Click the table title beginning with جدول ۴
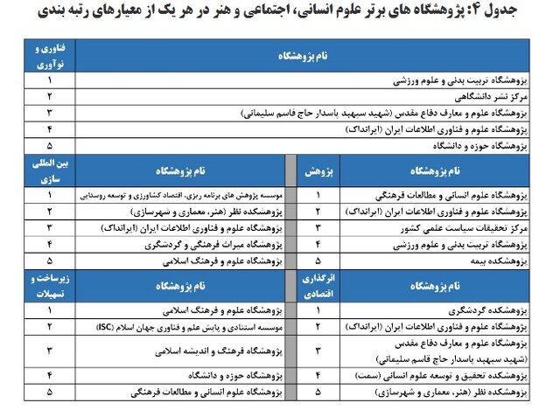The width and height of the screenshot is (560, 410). pyautogui.click(x=289, y=13)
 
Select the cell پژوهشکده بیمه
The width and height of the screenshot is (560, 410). pyautogui.click(x=495, y=261)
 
